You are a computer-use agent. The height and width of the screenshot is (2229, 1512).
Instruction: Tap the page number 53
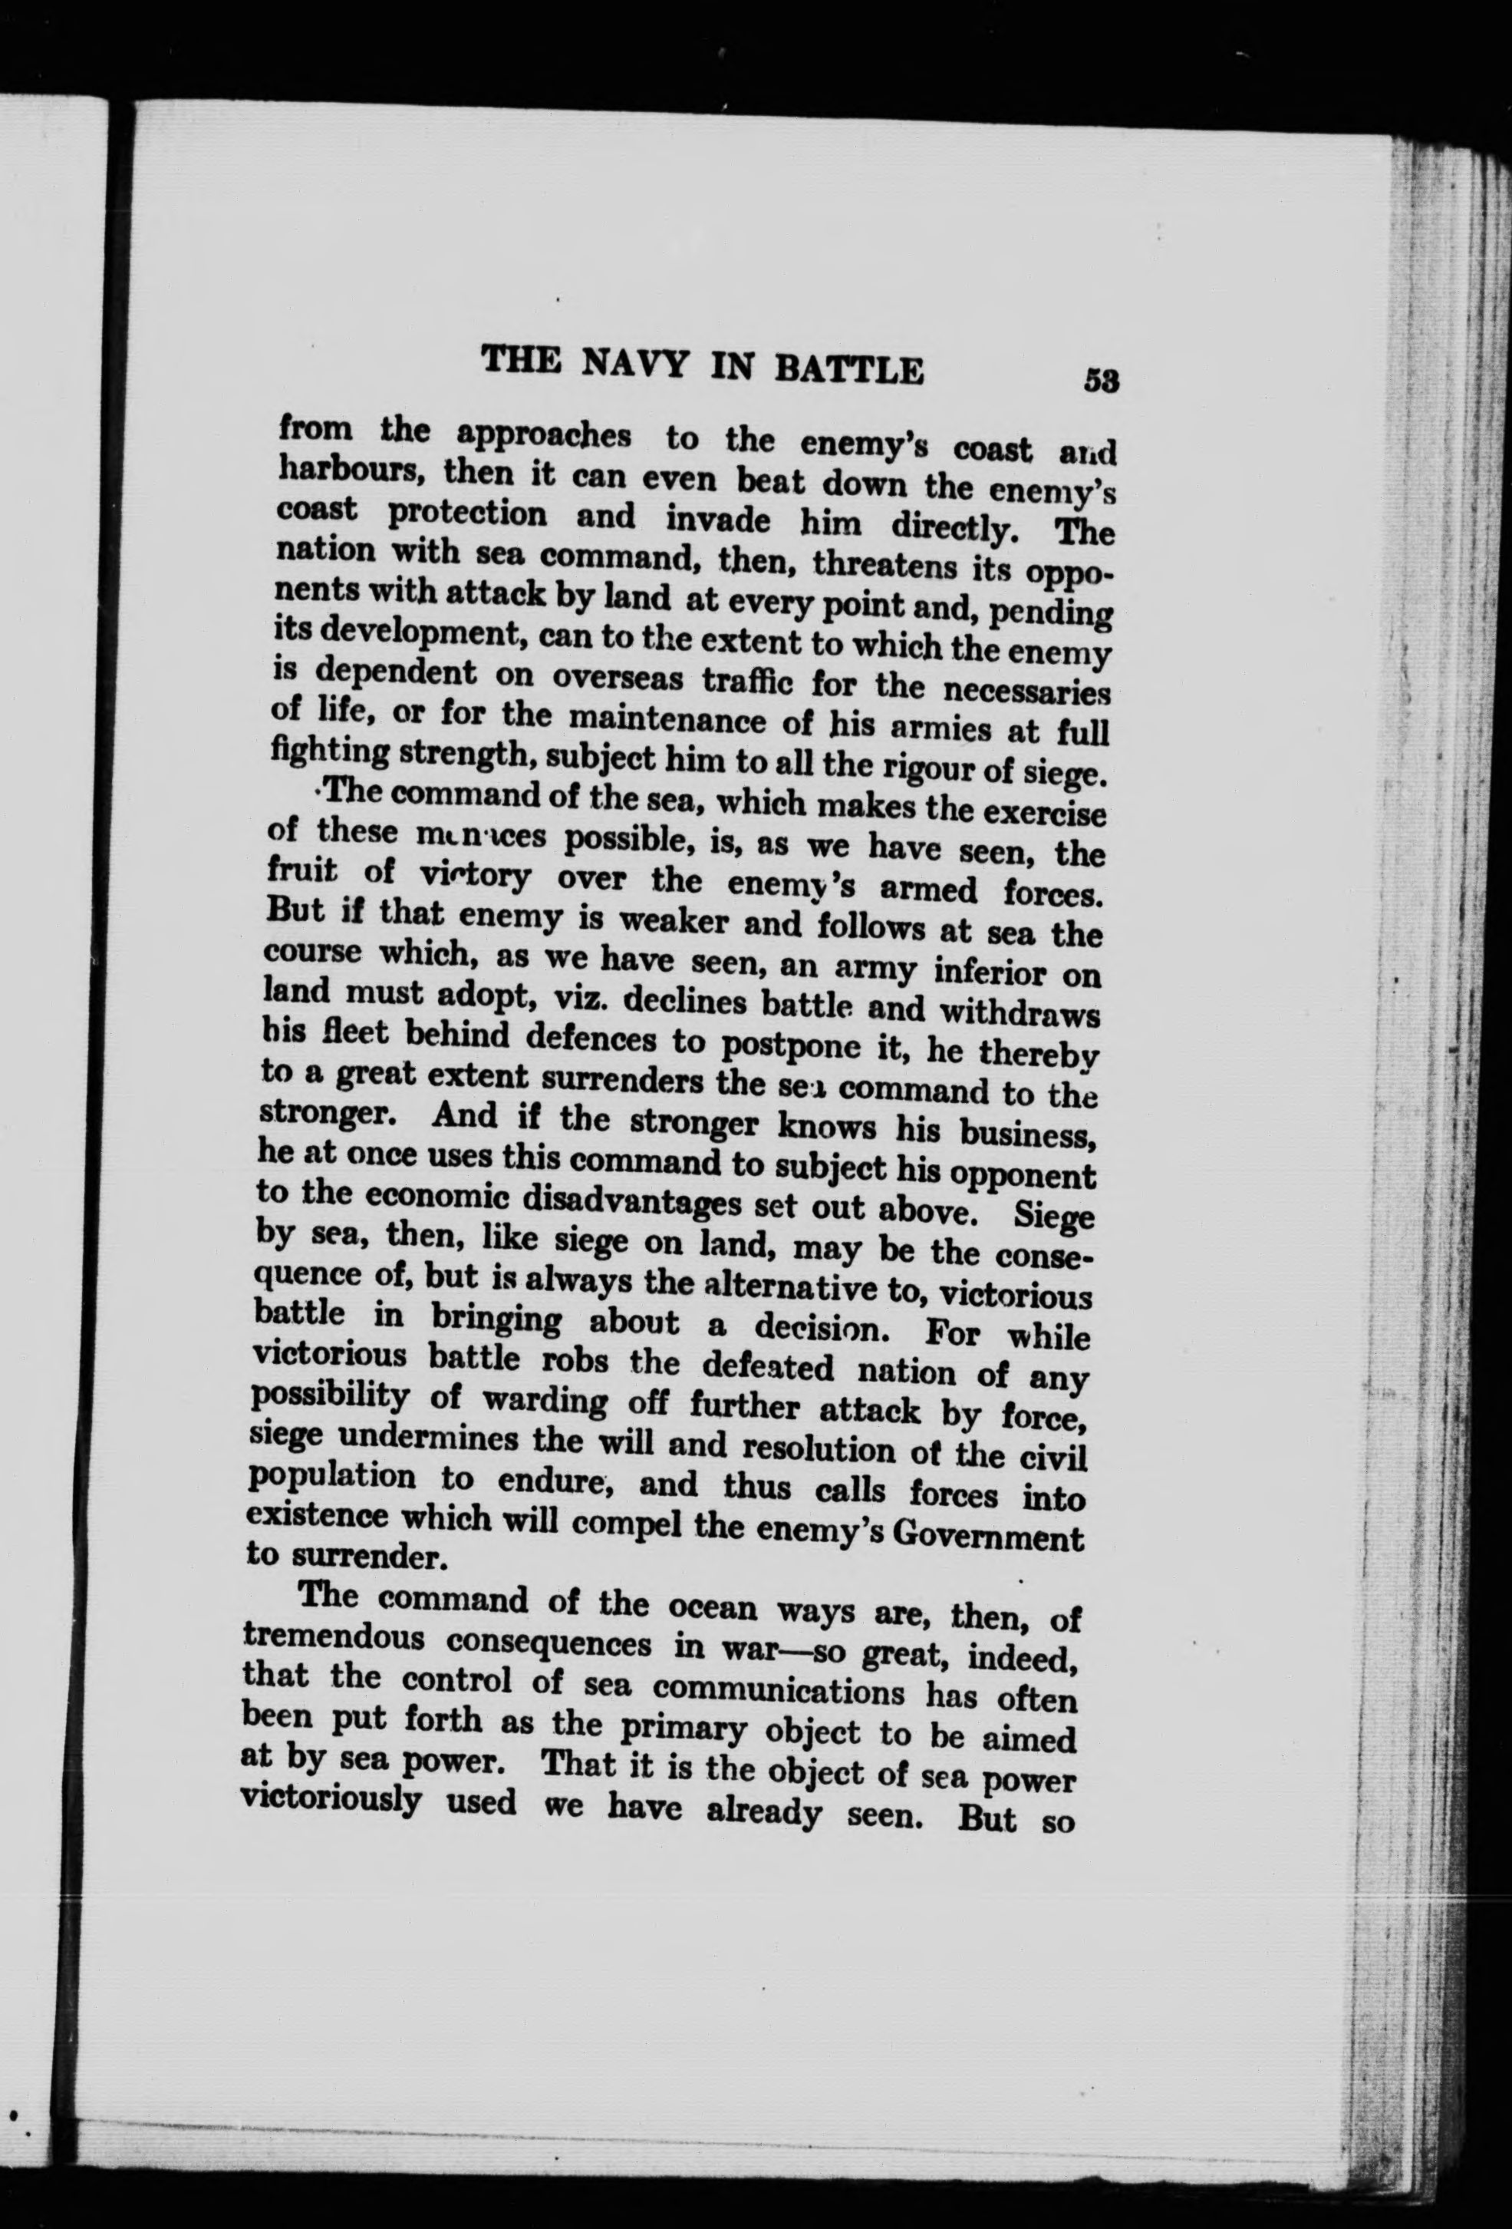click(1102, 380)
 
